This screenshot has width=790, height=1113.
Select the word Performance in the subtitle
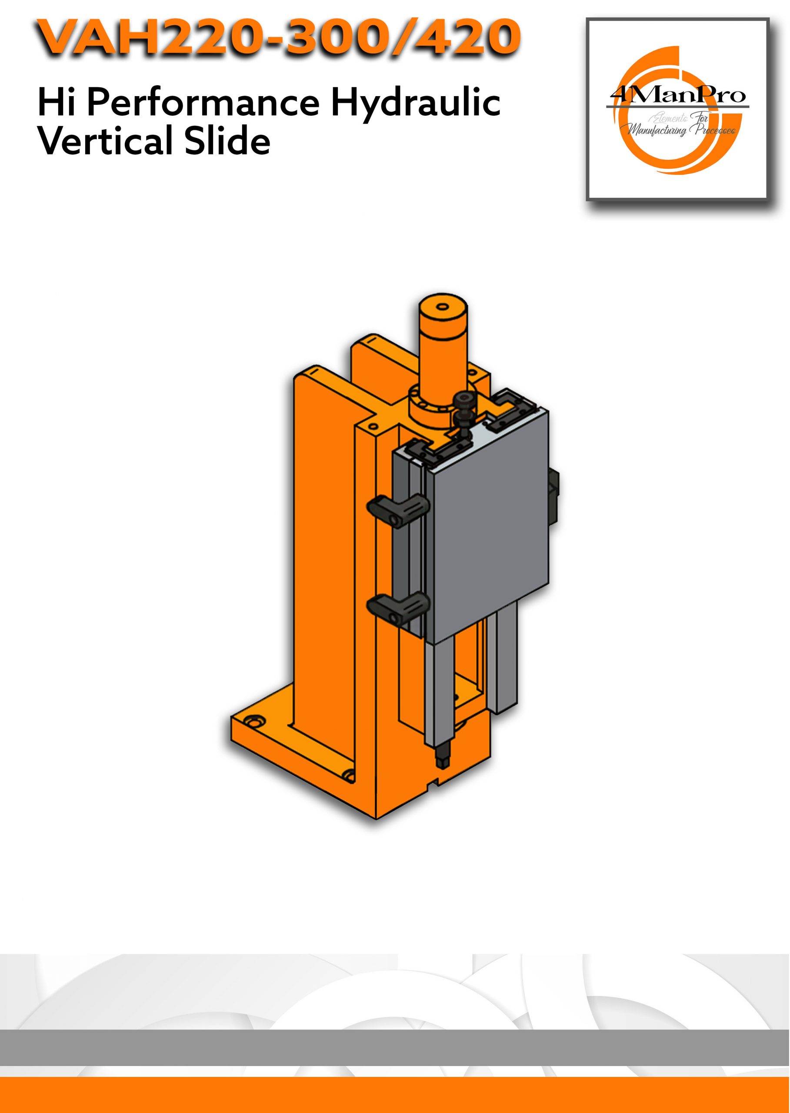[x=203, y=103]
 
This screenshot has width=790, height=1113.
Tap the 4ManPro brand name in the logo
[x=678, y=95]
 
